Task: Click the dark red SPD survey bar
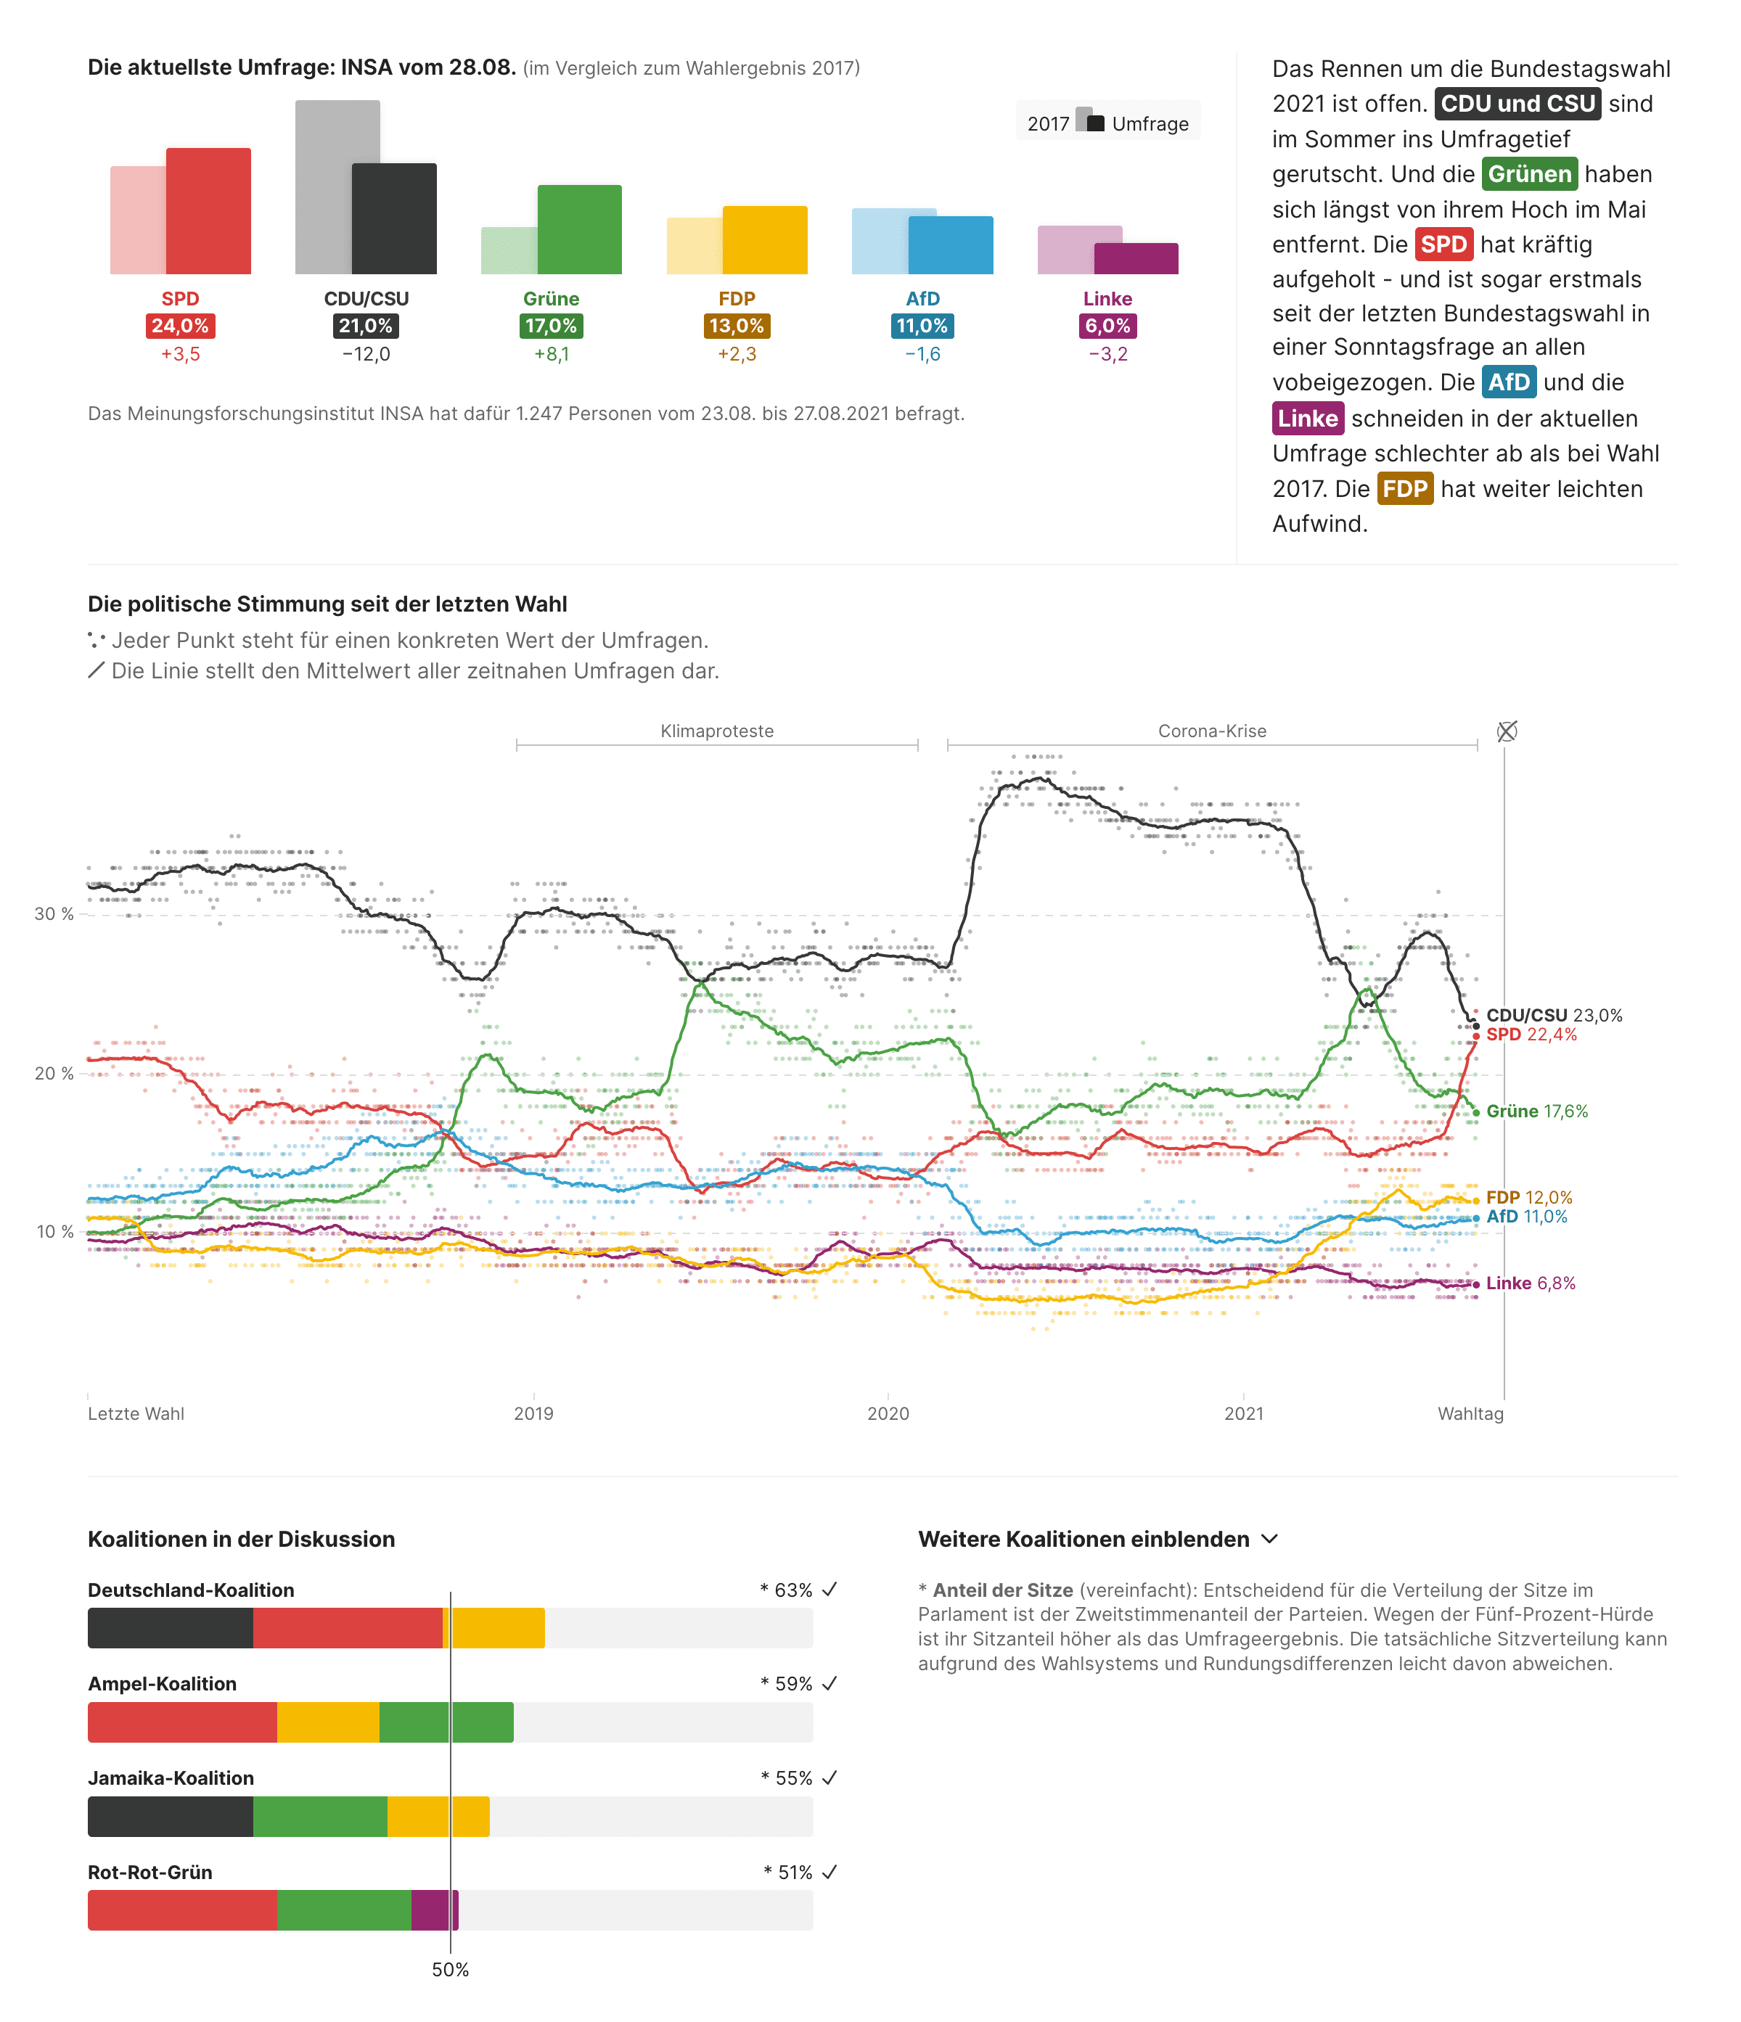coord(208,211)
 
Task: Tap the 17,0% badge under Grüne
coord(552,326)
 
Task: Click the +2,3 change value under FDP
coord(737,354)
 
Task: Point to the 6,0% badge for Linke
coord(1107,326)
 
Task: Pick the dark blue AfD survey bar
coord(951,245)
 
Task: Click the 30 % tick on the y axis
coord(54,914)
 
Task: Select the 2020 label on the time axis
coord(888,1414)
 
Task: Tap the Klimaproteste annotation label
coord(717,731)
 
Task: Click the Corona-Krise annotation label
coord(1212,731)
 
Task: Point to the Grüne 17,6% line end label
coord(1537,1111)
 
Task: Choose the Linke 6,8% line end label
coord(1531,1283)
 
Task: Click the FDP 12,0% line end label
coord(1529,1197)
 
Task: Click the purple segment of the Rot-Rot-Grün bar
coord(434,1910)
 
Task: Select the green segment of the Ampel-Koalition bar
coord(446,1722)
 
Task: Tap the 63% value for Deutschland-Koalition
coord(793,1590)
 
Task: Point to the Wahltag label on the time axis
coord(1471,1414)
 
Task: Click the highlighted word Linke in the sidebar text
coord(1308,419)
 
